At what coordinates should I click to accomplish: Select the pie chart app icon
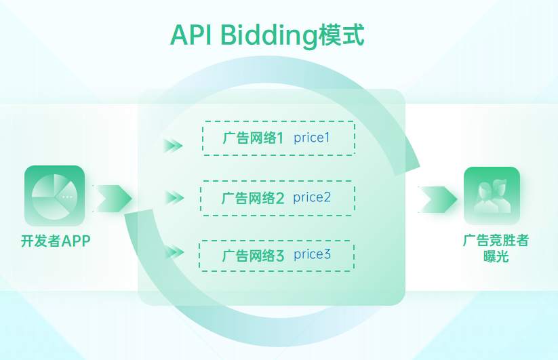point(54,196)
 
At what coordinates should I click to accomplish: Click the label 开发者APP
point(56,241)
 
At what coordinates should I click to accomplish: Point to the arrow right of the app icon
point(112,198)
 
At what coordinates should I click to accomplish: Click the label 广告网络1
point(252,138)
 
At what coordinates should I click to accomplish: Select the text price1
point(311,138)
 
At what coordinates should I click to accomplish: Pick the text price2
point(312,197)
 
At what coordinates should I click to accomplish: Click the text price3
point(312,255)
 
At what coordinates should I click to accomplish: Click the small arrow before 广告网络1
point(174,145)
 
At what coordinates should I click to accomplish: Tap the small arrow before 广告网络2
point(174,198)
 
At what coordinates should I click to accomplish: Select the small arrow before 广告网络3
point(174,252)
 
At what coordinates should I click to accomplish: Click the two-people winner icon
point(492,195)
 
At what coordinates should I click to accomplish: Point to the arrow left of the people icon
point(437,199)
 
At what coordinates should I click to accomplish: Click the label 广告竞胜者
point(496,241)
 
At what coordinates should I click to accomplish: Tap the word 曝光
point(496,257)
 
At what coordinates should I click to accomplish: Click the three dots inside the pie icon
point(66,197)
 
